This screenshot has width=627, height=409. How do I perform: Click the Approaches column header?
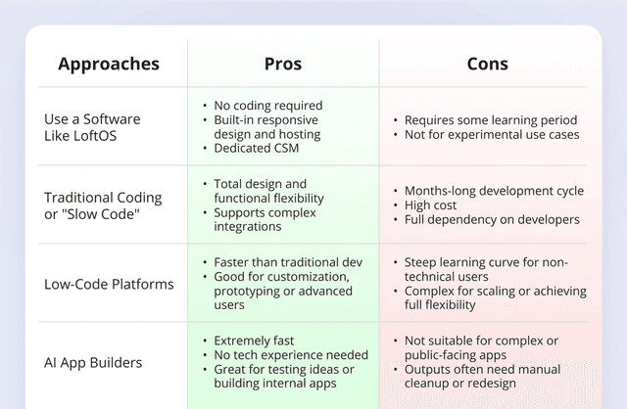pos(108,65)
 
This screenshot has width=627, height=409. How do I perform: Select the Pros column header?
pos(283,65)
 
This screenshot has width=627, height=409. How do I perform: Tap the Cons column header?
pos(487,65)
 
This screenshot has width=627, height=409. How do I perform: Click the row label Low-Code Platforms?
pos(109,285)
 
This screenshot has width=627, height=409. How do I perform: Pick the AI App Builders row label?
pos(93,363)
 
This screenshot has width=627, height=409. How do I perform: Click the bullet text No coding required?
pos(267,106)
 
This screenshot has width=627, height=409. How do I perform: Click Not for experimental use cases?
pos(491,134)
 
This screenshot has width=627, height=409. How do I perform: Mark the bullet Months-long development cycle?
pos(494,191)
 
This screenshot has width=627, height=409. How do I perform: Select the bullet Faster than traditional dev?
pos(287,262)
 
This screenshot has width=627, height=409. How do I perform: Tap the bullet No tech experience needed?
pos(290,355)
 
